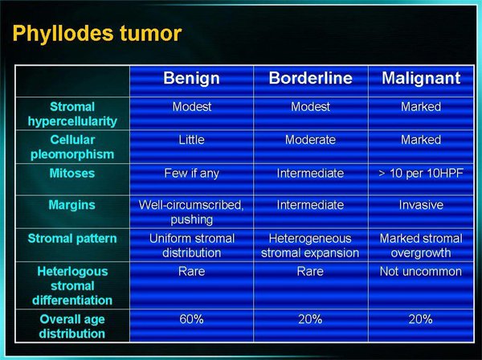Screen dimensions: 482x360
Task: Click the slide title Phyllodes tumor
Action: (x=97, y=34)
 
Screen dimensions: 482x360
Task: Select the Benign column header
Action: (x=191, y=79)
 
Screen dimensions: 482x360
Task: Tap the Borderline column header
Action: (x=310, y=78)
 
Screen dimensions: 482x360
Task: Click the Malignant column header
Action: (x=421, y=79)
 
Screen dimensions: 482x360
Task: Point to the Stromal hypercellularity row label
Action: (x=72, y=114)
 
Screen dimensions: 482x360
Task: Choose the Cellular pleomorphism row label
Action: (x=72, y=147)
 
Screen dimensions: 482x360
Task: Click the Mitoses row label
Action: (x=72, y=173)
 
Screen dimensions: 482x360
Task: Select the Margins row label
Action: (x=72, y=206)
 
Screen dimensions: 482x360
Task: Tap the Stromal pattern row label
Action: (x=72, y=239)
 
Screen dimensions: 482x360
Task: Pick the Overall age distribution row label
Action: (x=72, y=326)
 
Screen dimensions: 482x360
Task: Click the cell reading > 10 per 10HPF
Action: (x=421, y=174)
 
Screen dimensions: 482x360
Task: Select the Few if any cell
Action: (x=191, y=174)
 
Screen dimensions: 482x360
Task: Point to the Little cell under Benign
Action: (x=191, y=140)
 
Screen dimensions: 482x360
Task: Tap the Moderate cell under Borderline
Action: (x=310, y=140)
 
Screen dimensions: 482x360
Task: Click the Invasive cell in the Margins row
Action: (x=421, y=205)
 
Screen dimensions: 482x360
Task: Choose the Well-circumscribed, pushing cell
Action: (x=191, y=212)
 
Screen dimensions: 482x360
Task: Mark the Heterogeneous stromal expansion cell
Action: (x=310, y=246)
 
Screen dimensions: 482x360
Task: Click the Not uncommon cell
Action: (x=421, y=272)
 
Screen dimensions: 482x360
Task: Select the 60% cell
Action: (x=191, y=319)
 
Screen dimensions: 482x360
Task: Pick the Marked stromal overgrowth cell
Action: (x=421, y=246)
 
